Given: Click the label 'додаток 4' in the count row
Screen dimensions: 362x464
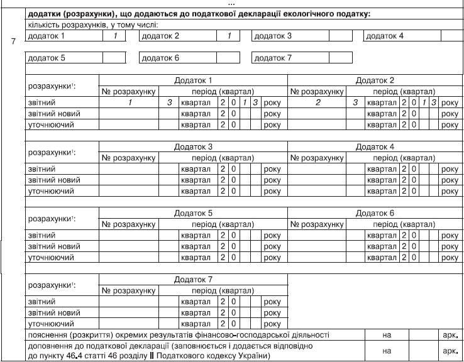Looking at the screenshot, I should point(385,36).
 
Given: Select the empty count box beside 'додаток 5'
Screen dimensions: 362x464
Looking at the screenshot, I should point(114,58).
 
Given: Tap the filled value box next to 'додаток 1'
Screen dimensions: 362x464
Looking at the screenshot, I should point(114,36).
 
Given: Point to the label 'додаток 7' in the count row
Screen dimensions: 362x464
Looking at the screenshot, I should point(272,58).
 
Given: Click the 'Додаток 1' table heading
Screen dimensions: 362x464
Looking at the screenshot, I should point(193,81).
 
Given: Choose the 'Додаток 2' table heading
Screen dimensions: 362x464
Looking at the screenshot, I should point(374,81).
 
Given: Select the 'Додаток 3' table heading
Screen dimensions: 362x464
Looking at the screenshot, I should point(193,146).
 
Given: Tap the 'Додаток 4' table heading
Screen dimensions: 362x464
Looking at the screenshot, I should point(374,146).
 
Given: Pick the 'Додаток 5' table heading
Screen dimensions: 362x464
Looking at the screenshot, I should point(193,212).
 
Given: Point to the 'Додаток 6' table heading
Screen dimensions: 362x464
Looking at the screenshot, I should point(374,212).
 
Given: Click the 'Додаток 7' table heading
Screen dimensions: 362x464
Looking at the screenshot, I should point(193,278).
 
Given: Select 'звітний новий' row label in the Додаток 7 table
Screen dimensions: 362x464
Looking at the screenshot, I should point(50,312).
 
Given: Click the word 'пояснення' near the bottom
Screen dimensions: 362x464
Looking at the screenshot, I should point(48,336).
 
